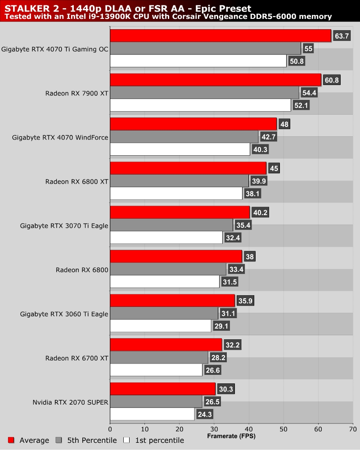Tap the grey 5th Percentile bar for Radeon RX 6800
(168, 270)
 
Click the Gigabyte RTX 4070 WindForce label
(60, 137)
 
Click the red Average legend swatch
(12, 440)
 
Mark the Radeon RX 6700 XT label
(76, 358)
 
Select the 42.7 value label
(269, 137)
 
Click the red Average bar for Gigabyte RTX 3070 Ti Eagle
(180, 212)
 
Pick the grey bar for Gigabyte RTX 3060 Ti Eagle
(164, 314)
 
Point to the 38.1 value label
(252, 194)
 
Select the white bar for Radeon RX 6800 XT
(176, 194)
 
